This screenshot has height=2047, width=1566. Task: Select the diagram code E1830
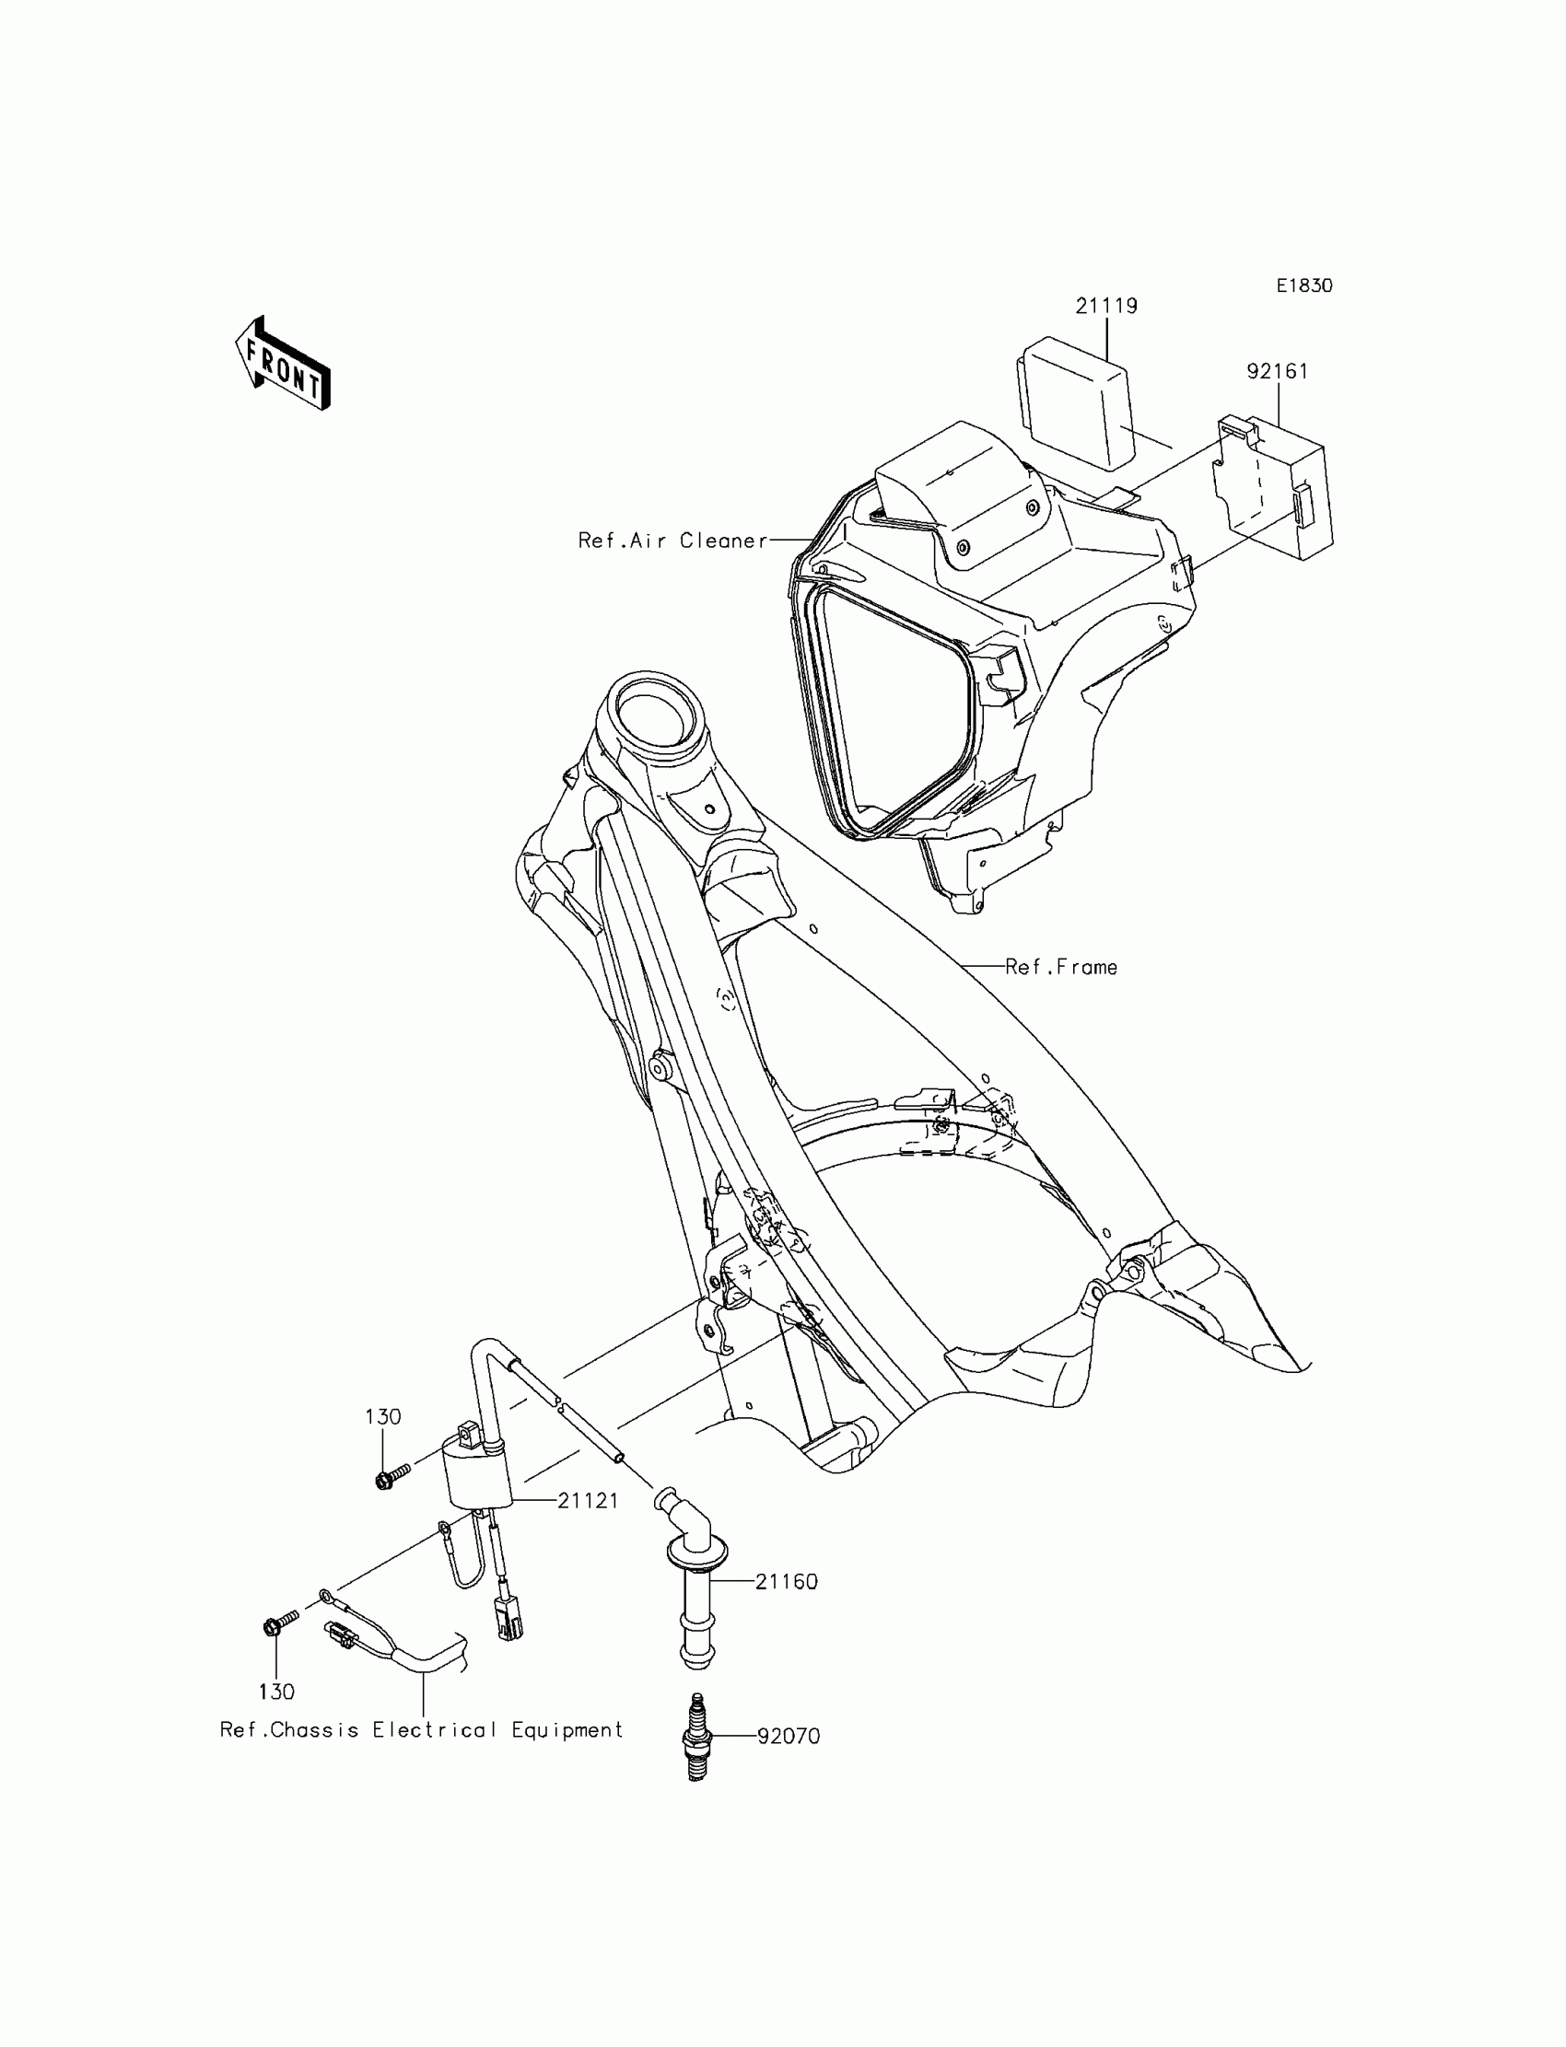click(1304, 286)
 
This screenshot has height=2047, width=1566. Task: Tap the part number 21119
click(1106, 306)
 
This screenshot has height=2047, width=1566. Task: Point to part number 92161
click(1277, 371)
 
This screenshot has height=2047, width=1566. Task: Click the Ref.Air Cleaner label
click(672, 541)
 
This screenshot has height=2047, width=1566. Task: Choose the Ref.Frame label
click(1061, 967)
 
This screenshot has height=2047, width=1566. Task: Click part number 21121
click(589, 1501)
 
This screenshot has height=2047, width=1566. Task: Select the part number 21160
click(786, 1581)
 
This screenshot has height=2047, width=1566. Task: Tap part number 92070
click(788, 1737)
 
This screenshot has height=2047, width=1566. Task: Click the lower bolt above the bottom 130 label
click(278, 1625)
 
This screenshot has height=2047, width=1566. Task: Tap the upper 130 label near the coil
click(383, 1417)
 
